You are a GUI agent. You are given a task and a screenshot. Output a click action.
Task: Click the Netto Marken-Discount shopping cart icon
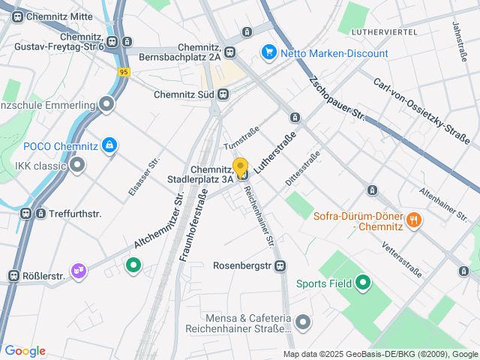[x=268, y=53]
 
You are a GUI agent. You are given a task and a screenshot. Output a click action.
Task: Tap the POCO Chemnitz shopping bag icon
[x=109, y=145]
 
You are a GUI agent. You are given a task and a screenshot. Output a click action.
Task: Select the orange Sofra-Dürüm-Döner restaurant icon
[x=413, y=220]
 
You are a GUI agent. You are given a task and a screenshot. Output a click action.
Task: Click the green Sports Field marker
[x=364, y=283]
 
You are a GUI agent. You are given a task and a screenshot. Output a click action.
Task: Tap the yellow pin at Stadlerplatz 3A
[x=241, y=166]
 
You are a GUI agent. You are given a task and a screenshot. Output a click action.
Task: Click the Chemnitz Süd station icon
[x=223, y=94]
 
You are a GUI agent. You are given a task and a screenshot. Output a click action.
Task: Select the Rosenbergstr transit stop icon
[x=280, y=265]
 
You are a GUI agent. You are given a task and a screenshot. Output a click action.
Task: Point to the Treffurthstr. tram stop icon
[x=26, y=214]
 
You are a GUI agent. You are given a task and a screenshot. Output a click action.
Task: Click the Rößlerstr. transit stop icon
[x=13, y=276]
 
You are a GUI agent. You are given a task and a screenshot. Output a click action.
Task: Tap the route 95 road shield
[x=124, y=71]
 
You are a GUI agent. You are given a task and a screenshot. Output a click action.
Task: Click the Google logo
[x=25, y=350]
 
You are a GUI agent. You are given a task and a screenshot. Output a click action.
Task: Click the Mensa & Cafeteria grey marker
[x=303, y=322]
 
